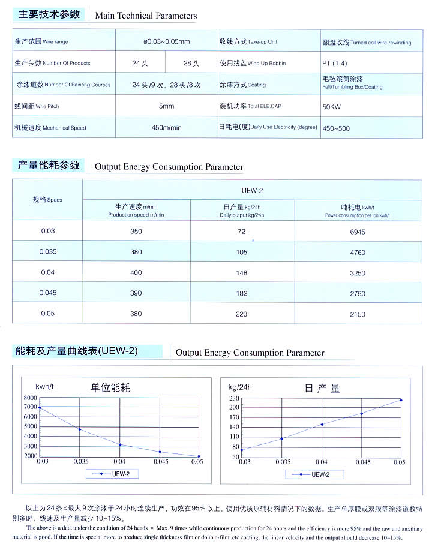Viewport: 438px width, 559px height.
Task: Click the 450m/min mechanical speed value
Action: click(x=166, y=127)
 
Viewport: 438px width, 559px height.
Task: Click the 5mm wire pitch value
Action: click(x=166, y=106)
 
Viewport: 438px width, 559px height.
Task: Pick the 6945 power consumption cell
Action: click(x=358, y=232)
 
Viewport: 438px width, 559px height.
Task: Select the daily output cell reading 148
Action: click(x=242, y=272)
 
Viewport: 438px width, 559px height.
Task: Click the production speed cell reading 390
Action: click(x=136, y=293)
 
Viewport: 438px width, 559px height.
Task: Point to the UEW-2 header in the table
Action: click(x=252, y=191)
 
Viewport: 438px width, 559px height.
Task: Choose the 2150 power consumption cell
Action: click(x=358, y=314)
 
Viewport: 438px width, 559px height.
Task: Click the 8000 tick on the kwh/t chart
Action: click(x=30, y=398)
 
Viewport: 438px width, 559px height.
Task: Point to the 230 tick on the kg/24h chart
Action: click(x=234, y=398)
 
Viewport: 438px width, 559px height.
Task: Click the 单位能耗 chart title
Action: click(x=110, y=387)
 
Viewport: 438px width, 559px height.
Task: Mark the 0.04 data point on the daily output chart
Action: click(x=322, y=425)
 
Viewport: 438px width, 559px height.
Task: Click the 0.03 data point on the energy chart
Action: click(x=41, y=408)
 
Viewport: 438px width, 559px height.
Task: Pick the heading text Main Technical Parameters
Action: click(x=146, y=16)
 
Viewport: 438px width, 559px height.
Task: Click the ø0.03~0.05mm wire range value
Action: click(x=166, y=41)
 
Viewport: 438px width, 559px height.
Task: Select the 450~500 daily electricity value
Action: click(x=336, y=128)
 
